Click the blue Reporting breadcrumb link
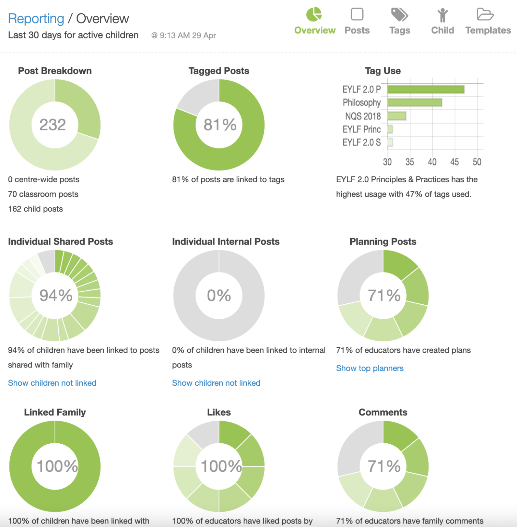[36, 19]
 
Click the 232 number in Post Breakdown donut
[52, 125]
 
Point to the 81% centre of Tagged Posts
[220, 125]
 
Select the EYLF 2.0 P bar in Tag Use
[426, 90]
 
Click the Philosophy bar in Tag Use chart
[414, 103]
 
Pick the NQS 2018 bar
[397, 116]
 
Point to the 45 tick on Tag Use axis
[455, 162]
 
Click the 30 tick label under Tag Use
[387, 162]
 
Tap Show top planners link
[369, 368]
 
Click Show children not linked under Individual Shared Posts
[52, 383]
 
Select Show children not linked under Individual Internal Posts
[216, 383]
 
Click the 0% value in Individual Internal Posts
[219, 295]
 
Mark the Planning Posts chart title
[383, 242]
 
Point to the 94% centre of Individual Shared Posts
[56, 295]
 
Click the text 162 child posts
[36, 209]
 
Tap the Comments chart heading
[383, 412]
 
